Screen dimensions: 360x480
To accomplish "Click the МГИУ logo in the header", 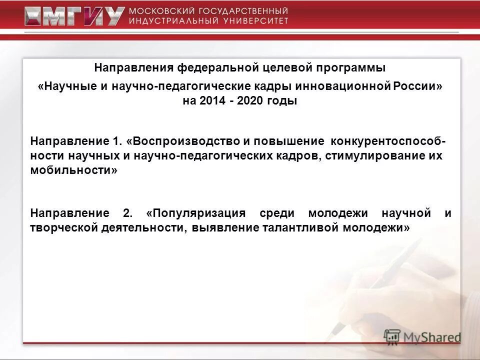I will (74, 16).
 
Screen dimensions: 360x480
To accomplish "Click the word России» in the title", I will (418, 86).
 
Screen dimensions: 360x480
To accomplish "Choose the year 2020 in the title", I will (251, 101).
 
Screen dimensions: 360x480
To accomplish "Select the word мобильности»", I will (74, 170).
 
